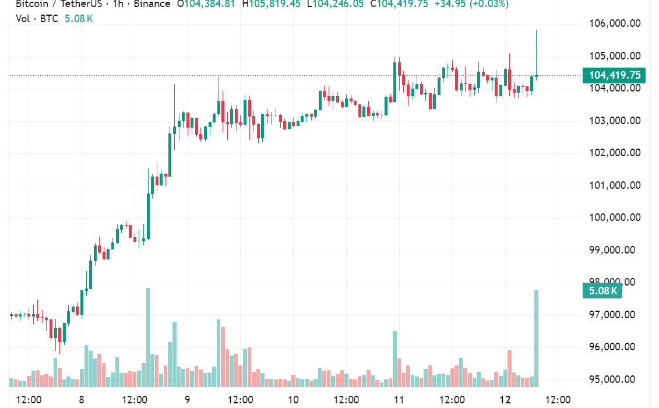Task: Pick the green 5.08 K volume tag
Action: (602, 290)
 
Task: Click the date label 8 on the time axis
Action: (82, 400)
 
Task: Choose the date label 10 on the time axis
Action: (293, 400)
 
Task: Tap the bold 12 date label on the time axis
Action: (505, 400)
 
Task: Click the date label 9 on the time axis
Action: (188, 400)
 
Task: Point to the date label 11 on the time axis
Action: (399, 400)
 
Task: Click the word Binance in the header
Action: (151, 4)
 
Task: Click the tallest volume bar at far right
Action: (536, 338)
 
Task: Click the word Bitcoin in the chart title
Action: (32, 4)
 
